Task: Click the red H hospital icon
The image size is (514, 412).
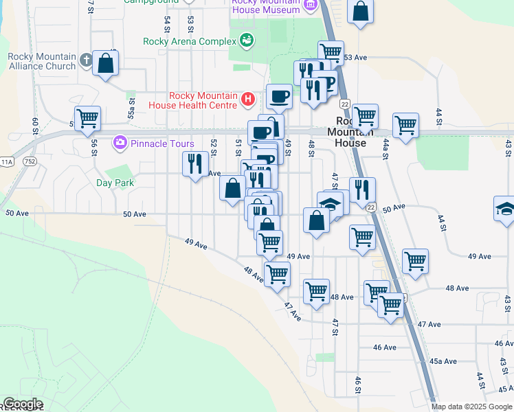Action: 248,100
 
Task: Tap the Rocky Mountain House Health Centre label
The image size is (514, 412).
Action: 194,100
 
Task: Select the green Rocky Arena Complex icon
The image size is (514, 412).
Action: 246,41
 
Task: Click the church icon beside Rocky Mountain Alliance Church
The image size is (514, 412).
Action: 85,61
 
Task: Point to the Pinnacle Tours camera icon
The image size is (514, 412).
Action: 120,144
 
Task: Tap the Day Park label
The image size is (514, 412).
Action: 115,183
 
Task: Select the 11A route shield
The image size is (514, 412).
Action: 8,162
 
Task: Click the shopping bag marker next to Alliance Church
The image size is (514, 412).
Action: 106,64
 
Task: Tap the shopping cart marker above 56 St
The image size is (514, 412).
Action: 87,118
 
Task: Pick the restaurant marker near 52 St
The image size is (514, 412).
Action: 195,163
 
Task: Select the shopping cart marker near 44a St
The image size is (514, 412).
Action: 405,126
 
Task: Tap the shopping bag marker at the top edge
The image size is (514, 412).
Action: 360,10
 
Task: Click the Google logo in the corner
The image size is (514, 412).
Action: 22,404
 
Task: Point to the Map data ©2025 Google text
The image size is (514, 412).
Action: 471,407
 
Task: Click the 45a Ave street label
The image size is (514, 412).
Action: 443,361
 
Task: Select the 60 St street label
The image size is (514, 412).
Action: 34,126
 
